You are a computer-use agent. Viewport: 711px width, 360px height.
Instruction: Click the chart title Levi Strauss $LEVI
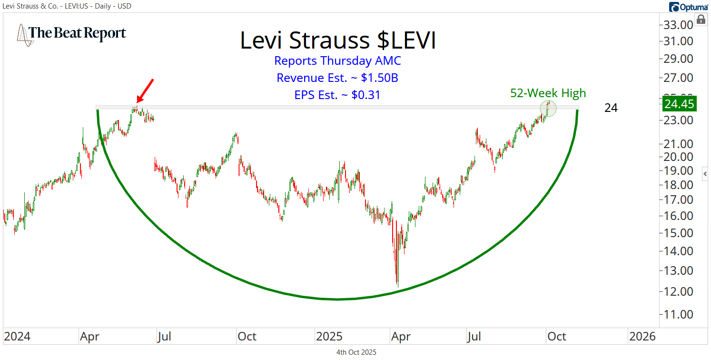pyautogui.click(x=338, y=40)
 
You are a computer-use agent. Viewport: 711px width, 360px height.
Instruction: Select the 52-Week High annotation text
pyautogui.click(x=548, y=93)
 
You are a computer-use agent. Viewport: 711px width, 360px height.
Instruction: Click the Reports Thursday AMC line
pyautogui.click(x=337, y=60)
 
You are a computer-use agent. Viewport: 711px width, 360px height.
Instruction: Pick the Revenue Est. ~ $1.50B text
pyautogui.click(x=337, y=78)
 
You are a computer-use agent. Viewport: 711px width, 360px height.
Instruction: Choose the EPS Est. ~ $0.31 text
pyautogui.click(x=337, y=95)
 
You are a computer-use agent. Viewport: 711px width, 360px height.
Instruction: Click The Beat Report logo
pyautogui.click(x=71, y=33)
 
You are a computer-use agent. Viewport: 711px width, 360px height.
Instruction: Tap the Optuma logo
pyautogui.click(x=687, y=7)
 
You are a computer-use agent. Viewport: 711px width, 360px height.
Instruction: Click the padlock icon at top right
pyautogui.click(x=701, y=20)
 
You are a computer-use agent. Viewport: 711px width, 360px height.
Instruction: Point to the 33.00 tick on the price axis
pyautogui.click(x=679, y=25)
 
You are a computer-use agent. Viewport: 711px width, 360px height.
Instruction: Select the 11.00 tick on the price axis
pyautogui.click(x=679, y=314)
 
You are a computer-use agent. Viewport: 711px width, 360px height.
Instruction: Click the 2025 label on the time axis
pyautogui.click(x=329, y=337)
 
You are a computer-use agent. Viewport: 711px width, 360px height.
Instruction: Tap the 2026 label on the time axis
pyautogui.click(x=642, y=337)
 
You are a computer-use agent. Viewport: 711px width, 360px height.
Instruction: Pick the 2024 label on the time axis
pyautogui.click(x=17, y=337)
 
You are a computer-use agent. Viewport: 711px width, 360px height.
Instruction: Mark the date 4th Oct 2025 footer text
pyautogui.click(x=355, y=352)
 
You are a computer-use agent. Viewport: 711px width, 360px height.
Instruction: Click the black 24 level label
pyautogui.click(x=611, y=108)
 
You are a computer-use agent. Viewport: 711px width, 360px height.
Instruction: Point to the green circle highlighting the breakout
pyautogui.click(x=548, y=109)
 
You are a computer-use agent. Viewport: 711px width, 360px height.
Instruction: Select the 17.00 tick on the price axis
pyautogui.click(x=679, y=200)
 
